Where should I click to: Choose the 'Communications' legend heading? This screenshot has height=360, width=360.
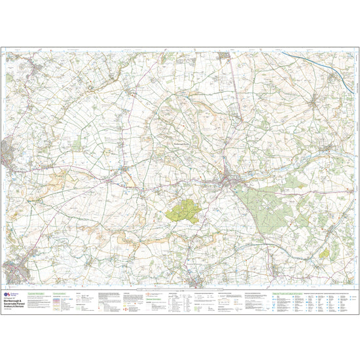pos(60,293)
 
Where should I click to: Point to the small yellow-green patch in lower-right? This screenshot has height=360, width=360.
pos(324,252)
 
